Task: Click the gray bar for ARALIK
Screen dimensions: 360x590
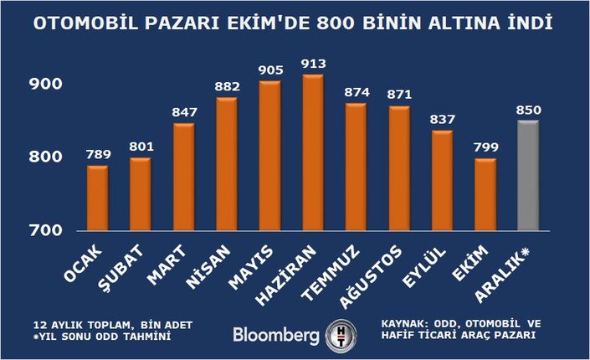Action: click(529, 176)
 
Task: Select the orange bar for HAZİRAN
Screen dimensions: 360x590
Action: click(313, 153)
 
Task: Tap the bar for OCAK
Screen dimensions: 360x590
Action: click(98, 198)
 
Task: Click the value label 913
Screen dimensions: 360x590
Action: click(313, 64)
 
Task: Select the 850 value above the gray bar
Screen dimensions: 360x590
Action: click(529, 109)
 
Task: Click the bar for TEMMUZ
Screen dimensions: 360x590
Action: click(356, 167)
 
